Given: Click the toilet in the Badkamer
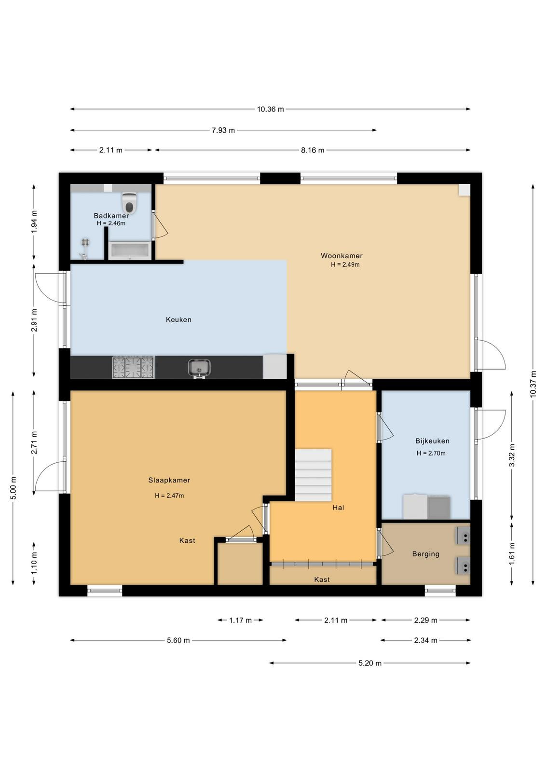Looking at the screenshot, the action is coord(130,203).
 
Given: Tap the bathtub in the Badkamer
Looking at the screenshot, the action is coord(129,250).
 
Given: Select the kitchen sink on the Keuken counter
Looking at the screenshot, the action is coord(199,368).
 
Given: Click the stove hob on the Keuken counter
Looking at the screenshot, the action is coord(133,367).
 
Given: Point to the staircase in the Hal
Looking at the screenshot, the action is coord(313,475).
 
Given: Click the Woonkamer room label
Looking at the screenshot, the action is coord(341,256).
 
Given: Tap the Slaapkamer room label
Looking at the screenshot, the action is coord(169,480).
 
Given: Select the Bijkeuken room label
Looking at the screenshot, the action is coord(432,441).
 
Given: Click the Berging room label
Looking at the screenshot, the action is coord(426,554).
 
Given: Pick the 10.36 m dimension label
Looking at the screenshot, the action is coord(271,109).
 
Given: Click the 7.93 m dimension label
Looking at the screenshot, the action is coord(223,130).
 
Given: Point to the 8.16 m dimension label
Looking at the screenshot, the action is coord(313,150).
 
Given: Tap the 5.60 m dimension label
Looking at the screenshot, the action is coord(178,640).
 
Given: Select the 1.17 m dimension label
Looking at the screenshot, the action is coord(241,620).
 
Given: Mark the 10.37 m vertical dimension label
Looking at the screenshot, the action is coord(533,384).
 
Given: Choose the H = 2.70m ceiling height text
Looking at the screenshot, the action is coord(431,453).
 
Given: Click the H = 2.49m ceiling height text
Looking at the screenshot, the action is coord(345,265).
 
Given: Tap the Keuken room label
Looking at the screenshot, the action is coord(178,319).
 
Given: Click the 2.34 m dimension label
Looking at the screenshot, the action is coord(426,640).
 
